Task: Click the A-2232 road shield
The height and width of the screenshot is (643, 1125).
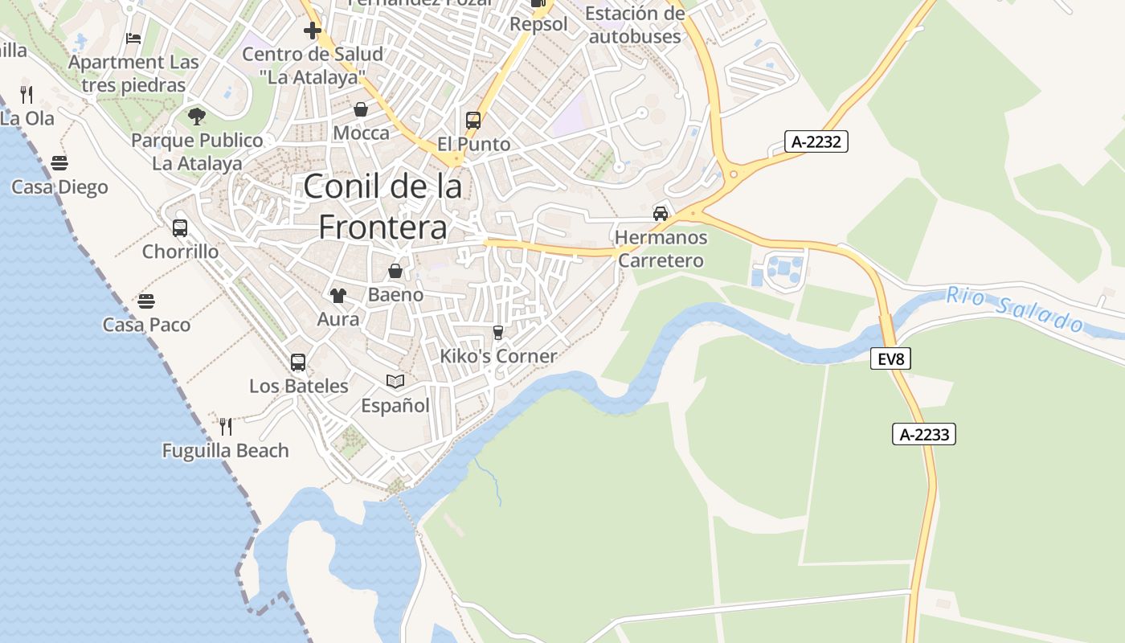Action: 816,142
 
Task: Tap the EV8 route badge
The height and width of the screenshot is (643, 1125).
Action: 890,359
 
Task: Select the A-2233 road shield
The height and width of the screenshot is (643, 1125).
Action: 924,435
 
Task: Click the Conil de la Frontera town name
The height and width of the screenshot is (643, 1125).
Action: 382,207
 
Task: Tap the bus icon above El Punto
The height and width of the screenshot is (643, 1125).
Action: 473,121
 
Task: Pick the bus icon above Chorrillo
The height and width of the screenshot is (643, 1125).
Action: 180,228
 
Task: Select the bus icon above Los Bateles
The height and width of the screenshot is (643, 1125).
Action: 298,362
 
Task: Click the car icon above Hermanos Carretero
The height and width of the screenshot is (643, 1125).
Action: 661,214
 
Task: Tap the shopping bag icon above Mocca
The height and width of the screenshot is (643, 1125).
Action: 361,109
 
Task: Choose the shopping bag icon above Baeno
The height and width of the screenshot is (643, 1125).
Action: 395,272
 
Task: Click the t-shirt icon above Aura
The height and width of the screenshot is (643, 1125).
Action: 337,296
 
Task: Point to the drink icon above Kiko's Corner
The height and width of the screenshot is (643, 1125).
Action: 498,333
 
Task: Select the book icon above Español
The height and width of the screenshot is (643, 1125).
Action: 395,381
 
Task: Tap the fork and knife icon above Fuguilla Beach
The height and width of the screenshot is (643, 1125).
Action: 226,426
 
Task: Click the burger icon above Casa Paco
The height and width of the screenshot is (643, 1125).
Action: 145,301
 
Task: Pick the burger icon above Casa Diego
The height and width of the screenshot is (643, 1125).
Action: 59,163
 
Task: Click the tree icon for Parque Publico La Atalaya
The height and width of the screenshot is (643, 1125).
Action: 197,117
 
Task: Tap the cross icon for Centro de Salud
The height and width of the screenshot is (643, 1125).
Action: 312,31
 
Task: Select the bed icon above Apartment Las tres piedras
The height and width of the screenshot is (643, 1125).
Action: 133,38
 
